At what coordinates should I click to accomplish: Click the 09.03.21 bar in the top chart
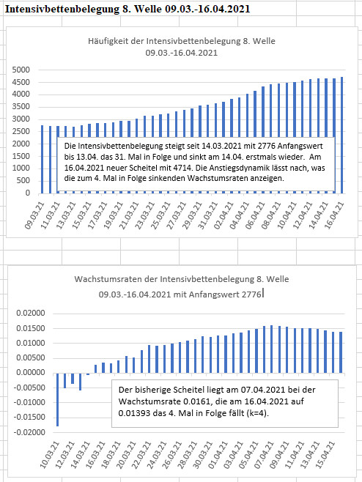43,159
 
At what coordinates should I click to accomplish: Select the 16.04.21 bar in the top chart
341,136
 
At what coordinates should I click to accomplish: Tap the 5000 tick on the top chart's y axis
21,70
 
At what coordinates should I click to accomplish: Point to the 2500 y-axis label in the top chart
21,131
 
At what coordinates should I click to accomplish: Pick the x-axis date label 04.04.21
240,215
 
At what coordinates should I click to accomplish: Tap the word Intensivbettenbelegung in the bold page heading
62,9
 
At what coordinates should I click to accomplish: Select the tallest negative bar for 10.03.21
57,400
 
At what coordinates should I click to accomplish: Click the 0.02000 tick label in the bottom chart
31,314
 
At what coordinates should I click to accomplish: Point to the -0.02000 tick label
29,432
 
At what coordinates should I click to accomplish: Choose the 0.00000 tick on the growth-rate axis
31,373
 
